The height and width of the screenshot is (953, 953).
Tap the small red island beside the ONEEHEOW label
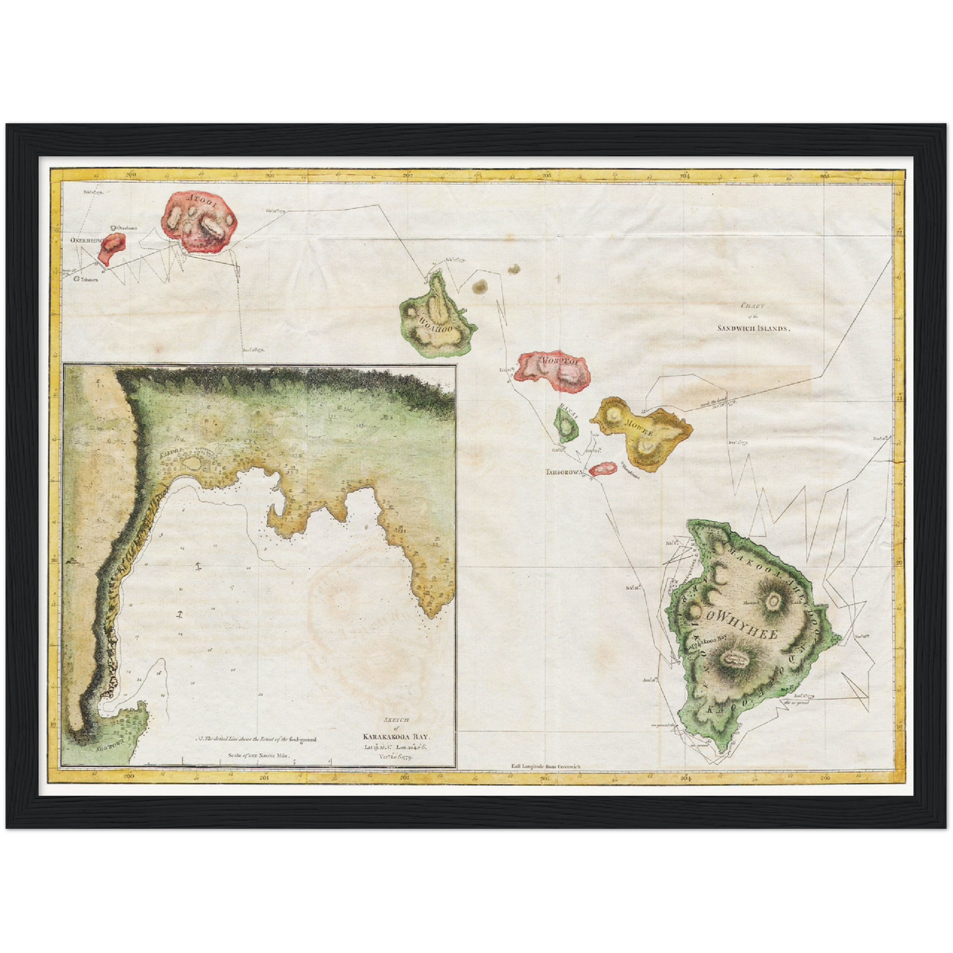click(x=114, y=250)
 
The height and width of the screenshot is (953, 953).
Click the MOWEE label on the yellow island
click(x=638, y=424)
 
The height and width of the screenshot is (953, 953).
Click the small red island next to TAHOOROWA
click(x=601, y=469)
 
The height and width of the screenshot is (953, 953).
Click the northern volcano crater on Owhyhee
click(x=773, y=600)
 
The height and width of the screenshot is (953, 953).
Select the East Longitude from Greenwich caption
click(x=544, y=767)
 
